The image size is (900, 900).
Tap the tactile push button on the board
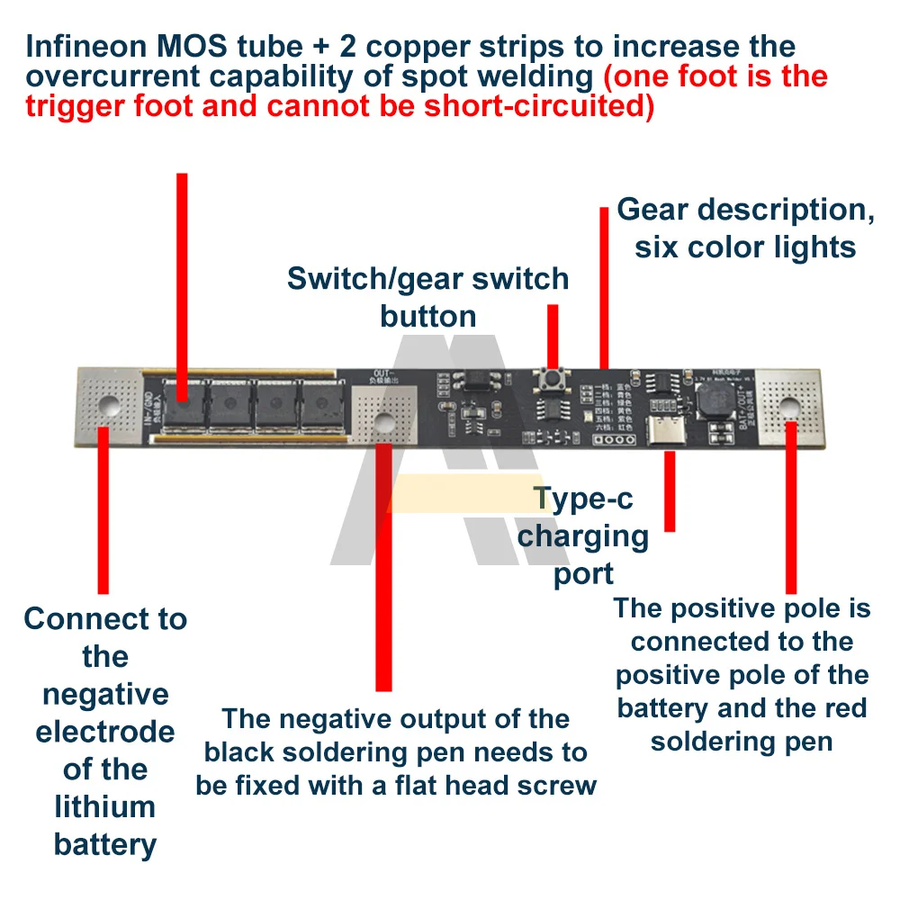point(549,382)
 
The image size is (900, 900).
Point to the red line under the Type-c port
point(670,491)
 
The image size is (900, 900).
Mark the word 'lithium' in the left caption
point(105,807)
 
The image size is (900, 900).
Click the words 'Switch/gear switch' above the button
point(428,279)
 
